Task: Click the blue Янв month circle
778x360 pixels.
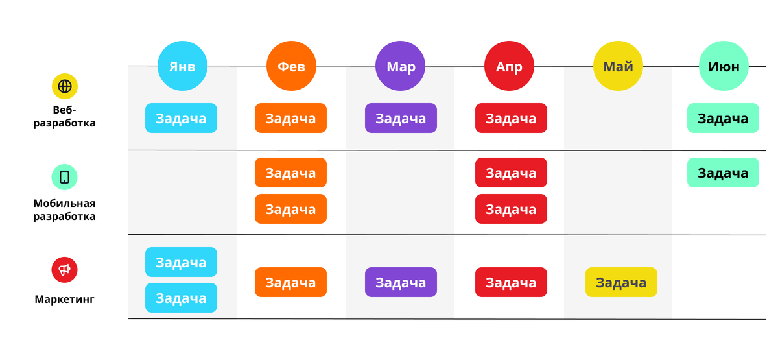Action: [182, 66]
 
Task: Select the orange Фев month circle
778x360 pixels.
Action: [291, 66]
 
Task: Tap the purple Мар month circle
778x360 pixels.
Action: [401, 66]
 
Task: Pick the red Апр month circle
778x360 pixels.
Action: [510, 66]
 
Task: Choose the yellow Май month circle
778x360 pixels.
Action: [619, 66]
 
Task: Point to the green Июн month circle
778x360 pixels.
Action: [724, 66]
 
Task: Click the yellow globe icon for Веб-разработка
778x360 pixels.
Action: [65, 86]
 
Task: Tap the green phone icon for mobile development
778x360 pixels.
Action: [65, 176]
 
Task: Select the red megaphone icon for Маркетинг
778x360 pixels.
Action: [65, 270]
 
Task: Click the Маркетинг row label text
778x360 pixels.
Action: [65, 299]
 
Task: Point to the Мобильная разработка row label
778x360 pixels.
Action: [65, 210]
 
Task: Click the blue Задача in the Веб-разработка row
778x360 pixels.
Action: [181, 119]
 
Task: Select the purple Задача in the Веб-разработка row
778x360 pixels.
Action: [401, 119]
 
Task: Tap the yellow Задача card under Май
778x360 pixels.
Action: [621, 283]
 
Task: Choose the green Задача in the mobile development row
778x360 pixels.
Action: [723, 173]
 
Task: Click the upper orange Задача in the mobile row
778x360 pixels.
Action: [290, 173]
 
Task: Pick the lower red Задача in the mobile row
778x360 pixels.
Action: [511, 209]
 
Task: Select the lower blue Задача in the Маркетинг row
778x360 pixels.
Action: [181, 298]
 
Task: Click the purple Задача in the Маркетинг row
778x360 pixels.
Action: [401, 283]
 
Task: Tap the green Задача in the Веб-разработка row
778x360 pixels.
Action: [723, 119]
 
